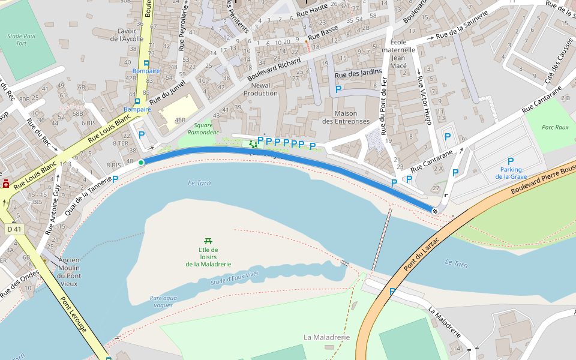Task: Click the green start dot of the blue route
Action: pyautogui.click(x=141, y=163)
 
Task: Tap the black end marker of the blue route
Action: pyautogui.click(x=434, y=211)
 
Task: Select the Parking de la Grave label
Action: pyautogui.click(x=511, y=173)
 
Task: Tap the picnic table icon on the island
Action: pyautogui.click(x=208, y=241)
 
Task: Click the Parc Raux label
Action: pyautogui.click(x=554, y=127)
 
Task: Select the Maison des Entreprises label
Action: pyautogui.click(x=346, y=117)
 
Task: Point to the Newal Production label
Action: pyautogui.click(x=260, y=89)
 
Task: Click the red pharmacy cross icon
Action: pyautogui.click(x=6, y=184)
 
